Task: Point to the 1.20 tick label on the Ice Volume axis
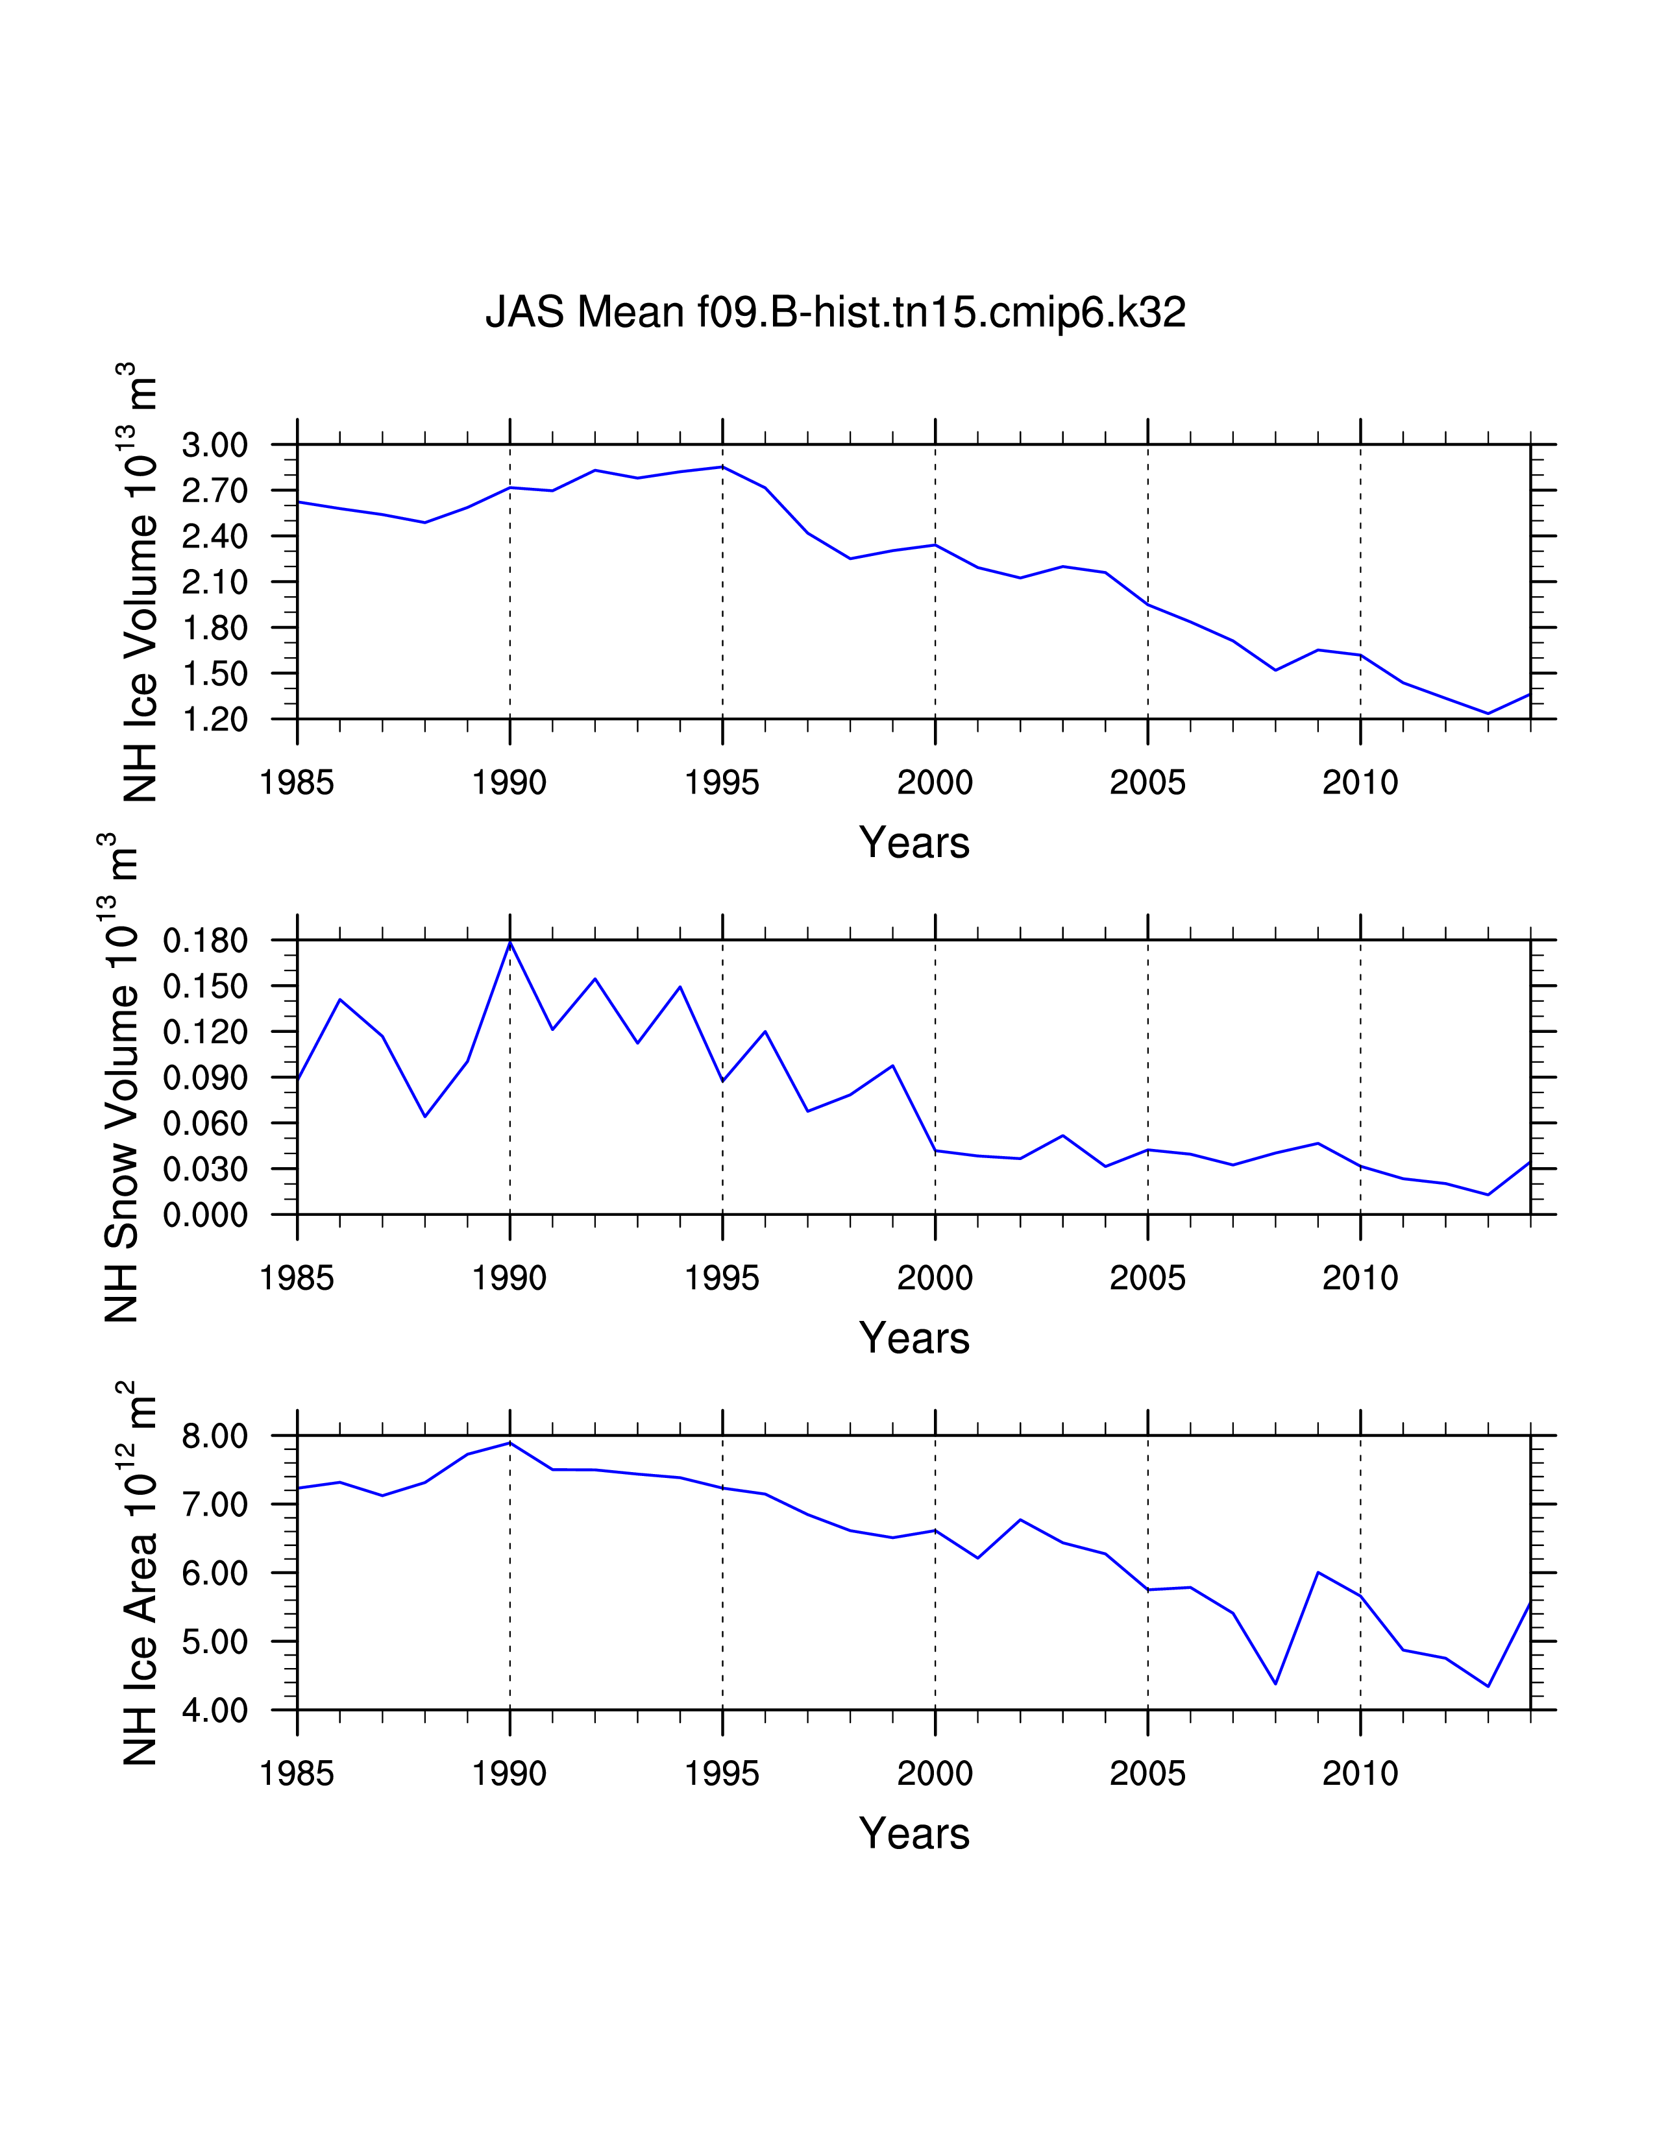(x=215, y=720)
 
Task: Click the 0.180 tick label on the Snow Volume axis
(x=205, y=941)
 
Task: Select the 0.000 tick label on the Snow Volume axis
(x=205, y=1216)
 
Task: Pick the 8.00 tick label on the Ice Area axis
(x=215, y=1436)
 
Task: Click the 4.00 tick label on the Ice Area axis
(x=215, y=1711)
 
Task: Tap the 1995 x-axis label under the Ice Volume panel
(x=722, y=782)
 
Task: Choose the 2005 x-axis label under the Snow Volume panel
(x=1147, y=1278)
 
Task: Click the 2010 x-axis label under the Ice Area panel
(x=1360, y=1773)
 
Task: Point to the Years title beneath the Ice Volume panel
(x=914, y=843)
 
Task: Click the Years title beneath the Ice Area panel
(x=914, y=1834)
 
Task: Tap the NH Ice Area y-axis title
(x=140, y=1573)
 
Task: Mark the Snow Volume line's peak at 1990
(x=510, y=942)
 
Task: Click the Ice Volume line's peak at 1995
(x=722, y=466)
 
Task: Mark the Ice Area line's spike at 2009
(x=1318, y=1573)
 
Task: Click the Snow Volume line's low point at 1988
(x=424, y=1117)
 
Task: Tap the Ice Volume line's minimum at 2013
(x=1488, y=714)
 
